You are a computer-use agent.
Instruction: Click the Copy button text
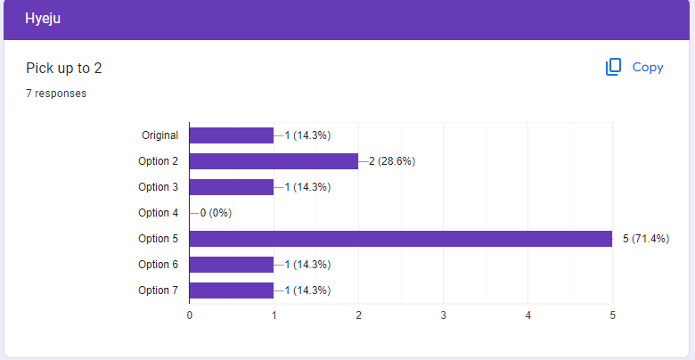pyautogui.click(x=648, y=68)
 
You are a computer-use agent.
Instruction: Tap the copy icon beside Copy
pyautogui.click(x=613, y=67)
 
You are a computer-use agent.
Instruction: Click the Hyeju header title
pyautogui.click(x=43, y=19)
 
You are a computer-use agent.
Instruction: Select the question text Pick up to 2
pyautogui.click(x=64, y=69)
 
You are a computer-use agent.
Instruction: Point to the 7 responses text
pyautogui.click(x=56, y=94)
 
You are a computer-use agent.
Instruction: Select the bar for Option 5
pyautogui.click(x=401, y=239)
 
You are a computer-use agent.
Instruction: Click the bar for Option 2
pyautogui.click(x=274, y=161)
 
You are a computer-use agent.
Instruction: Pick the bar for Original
pyautogui.click(x=232, y=135)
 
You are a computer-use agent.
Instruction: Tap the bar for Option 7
pyautogui.click(x=232, y=290)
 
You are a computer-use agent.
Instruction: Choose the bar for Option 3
pyautogui.click(x=232, y=187)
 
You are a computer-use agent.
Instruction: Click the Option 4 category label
pyautogui.click(x=159, y=213)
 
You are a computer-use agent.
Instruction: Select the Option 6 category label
pyautogui.click(x=159, y=265)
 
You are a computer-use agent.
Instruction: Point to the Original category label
pyautogui.click(x=160, y=135)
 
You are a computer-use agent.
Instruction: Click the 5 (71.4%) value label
pyautogui.click(x=646, y=239)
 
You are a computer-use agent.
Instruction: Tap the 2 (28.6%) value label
pyautogui.click(x=392, y=161)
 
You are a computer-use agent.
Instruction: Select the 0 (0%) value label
pyautogui.click(x=216, y=213)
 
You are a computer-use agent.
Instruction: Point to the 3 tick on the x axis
pyautogui.click(x=443, y=315)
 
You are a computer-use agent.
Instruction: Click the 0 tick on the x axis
pyautogui.click(x=190, y=315)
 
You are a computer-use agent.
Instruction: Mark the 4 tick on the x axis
pyautogui.click(x=527, y=315)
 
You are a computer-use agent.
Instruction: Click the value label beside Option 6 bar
pyautogui.click(x=307, y=265)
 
